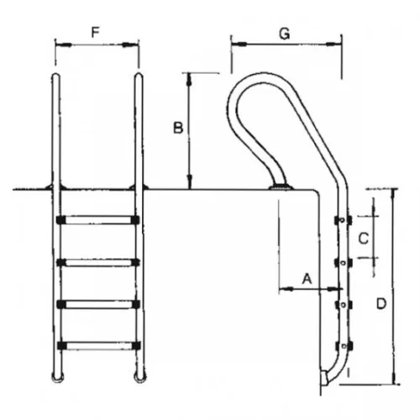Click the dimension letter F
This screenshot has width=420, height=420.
96,33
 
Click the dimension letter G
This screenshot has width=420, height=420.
285,34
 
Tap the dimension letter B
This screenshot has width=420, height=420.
178,128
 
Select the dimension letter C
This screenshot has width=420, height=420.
364,239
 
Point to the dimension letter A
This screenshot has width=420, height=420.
307,279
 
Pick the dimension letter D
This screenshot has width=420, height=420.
381,304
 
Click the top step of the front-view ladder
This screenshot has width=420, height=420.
97,220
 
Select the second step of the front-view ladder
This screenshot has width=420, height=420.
97,262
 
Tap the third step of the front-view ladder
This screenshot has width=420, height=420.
97,304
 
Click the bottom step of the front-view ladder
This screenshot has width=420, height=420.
98,345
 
